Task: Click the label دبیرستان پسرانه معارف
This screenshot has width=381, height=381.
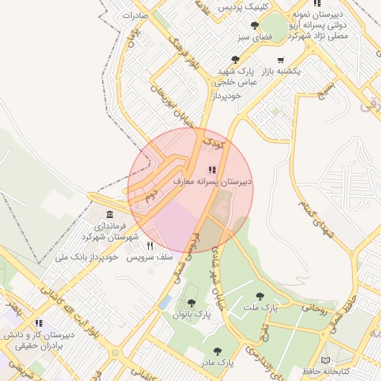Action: coord(213,181)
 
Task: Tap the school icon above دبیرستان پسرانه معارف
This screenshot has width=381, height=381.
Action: coord(213,170)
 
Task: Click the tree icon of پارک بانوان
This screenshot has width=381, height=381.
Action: coord(192,303)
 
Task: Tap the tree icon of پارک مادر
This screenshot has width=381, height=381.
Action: coord(217,350)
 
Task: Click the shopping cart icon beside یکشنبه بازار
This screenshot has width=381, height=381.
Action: coord(280,60)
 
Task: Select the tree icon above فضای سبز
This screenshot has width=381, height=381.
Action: coord(254,25)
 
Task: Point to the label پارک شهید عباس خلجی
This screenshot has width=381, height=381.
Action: coord(237,76)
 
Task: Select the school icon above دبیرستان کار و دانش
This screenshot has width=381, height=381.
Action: coord(39,323)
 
